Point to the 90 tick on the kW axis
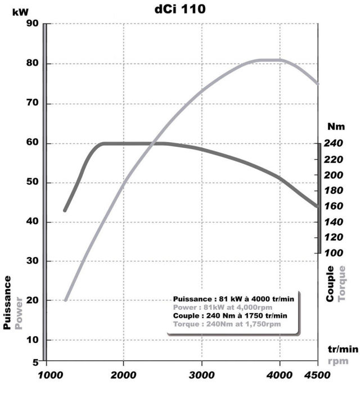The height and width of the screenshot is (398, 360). click(31, 24)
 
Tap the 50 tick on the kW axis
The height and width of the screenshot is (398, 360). click(31, 183)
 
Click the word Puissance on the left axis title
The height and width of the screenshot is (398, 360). click(8, 302)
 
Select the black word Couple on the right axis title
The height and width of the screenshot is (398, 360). click(330, 283)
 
